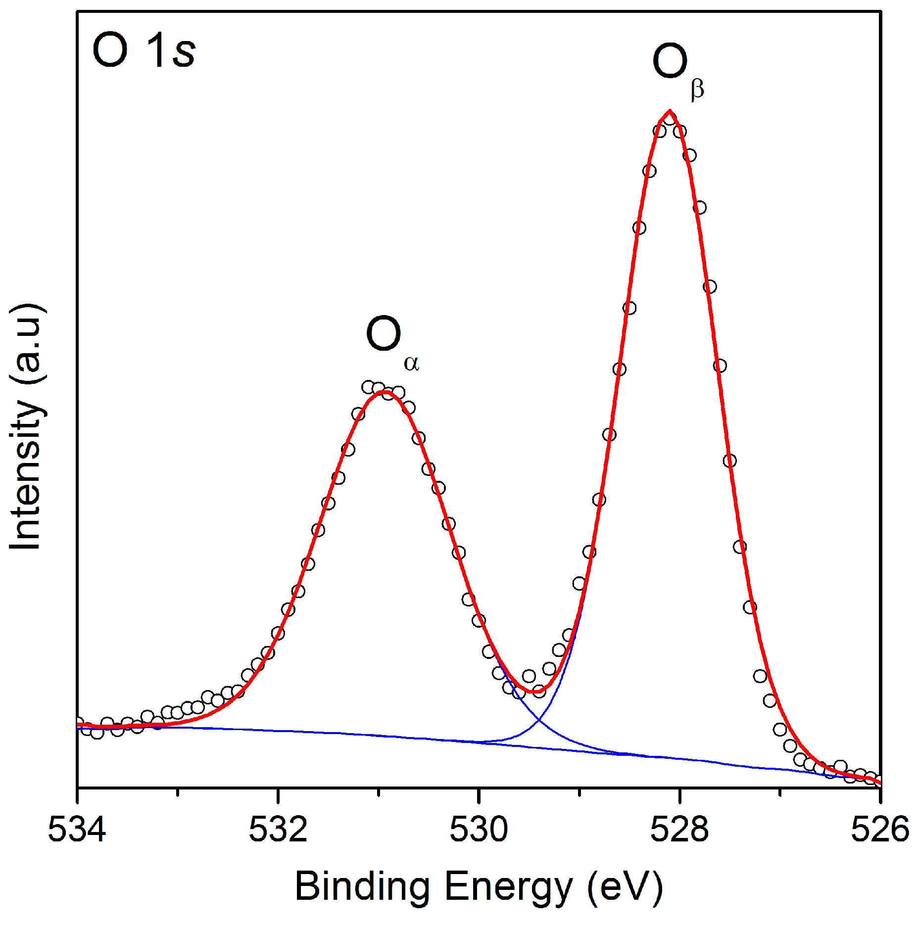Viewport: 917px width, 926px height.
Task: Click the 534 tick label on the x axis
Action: click(77, 830)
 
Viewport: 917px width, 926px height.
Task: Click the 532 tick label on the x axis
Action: click(278, 830)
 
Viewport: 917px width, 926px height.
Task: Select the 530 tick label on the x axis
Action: click(479, 830)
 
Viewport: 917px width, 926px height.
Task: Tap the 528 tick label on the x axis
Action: click(679, 830)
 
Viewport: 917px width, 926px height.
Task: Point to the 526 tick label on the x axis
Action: click(879, 830)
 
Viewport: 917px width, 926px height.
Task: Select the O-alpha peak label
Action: click(391, 341)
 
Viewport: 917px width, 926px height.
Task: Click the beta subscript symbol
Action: click(697, 91)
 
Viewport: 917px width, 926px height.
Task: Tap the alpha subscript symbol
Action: click(411, 364)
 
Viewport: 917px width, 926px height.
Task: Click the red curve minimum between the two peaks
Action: click(532, 692)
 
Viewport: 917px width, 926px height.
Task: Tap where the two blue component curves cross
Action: click(538, 720)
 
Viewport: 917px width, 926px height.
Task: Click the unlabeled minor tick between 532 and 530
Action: click(379, 792)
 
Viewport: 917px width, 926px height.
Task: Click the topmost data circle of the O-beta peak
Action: click(670, 119)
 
